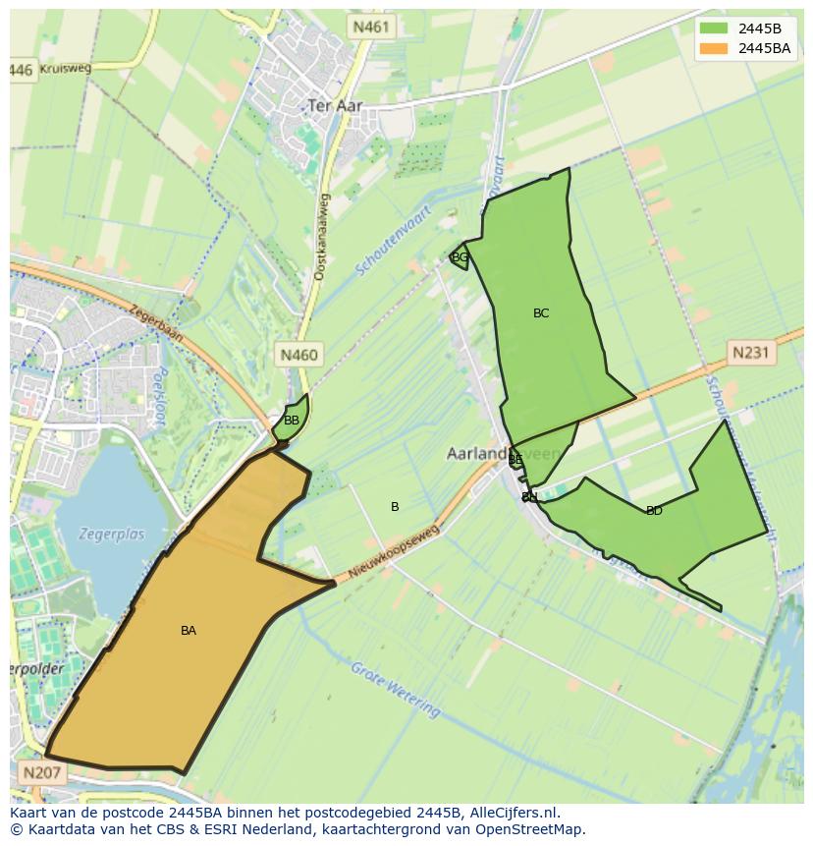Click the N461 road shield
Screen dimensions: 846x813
click(371, 28)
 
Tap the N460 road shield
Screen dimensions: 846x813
click(298, 355)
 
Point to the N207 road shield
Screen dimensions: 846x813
click(40, 773)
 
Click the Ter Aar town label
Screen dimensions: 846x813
click(335, 105)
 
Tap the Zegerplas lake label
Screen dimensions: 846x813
click(113, 535)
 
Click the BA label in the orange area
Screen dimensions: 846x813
click(189, 631)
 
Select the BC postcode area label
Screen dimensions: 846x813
click(541, 313)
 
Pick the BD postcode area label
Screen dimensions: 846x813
click(654, 511)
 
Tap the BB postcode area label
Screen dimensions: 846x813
click(292, 421)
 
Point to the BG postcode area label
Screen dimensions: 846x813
click(460, 257)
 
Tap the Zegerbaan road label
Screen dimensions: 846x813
click(154, 321)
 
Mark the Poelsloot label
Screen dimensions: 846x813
click(155, 399)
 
